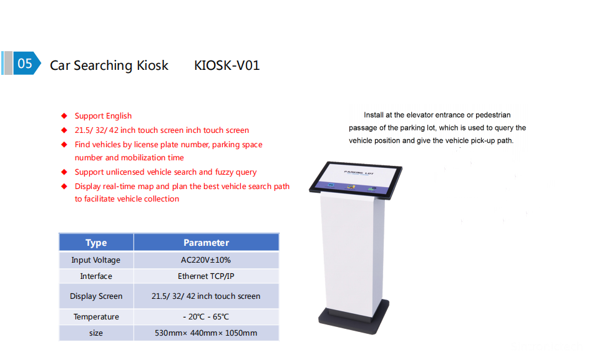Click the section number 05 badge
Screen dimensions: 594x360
pyautogui.click(x=26, y=63)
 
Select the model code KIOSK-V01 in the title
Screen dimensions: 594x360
pyautogui.click(x=227, y=65)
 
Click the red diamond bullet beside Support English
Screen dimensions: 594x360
pyautogui.click(x=64, y=115)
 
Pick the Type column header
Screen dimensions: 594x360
pyautogui.click(x=96, y=243)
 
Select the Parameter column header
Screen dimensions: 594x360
pyautogui.click(x=206, y=243)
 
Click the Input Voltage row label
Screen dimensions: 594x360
pyautogui.click(x=96, y=260)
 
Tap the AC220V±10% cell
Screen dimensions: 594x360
pyautogui.click(x=206, y=260)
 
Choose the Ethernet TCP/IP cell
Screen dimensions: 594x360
pyautogui.click(x=206, y=276)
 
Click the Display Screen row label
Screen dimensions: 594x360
pyautogui.click(x=96, y=296)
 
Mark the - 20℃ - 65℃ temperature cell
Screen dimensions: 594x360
pyautogui.click(x=206, y=316)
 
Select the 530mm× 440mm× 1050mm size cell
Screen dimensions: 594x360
pyautogui.click(x=206, y=333)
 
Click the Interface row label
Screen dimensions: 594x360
pyautogui.click(x=96, y=276)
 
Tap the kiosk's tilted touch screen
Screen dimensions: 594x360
pyautogui.click(x=356, y=180)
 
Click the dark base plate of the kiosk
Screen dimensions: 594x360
pyautogui.click(x=354, y=318)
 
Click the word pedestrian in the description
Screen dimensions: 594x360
pyautogui.click(x=493, y=115)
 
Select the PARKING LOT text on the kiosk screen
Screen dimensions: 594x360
pyautogui.click(x=359, y=173)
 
